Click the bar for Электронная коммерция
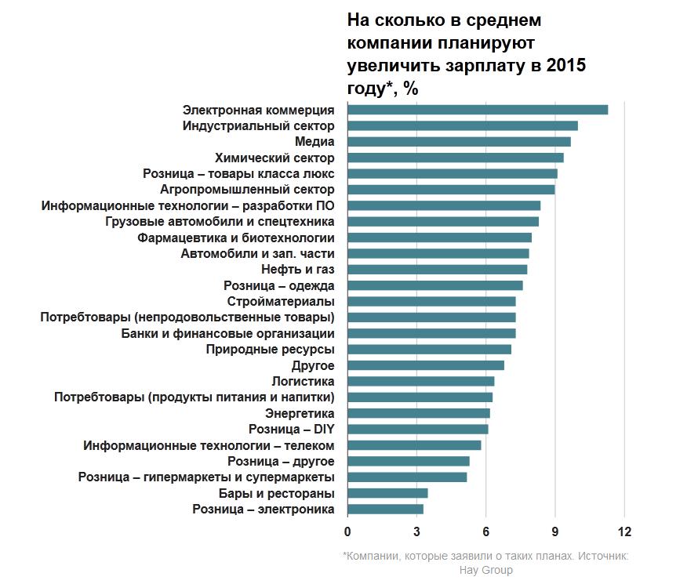point(477,110)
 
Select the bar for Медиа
point(459,142)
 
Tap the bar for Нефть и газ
point(437,270)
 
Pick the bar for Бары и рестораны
point(387,493)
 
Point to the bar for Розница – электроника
point(385,510)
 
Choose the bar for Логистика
point(420,382)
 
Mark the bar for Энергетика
point(419,413)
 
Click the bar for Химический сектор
point(455,158)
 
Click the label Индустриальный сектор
point(259,125)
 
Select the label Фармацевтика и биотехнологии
point(236,238)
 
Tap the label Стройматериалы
point(281,302)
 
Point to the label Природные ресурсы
point(271,350)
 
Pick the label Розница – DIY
point(292,430)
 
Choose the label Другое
point(313,366)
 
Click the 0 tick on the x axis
point(347,532)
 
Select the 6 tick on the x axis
point(486,532)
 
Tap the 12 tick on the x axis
point(624,532)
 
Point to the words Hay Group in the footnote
point(486,570)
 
